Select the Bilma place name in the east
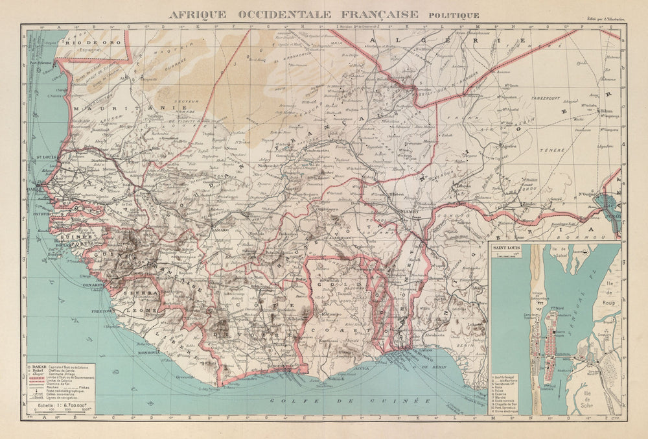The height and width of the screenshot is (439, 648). [607, 111]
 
